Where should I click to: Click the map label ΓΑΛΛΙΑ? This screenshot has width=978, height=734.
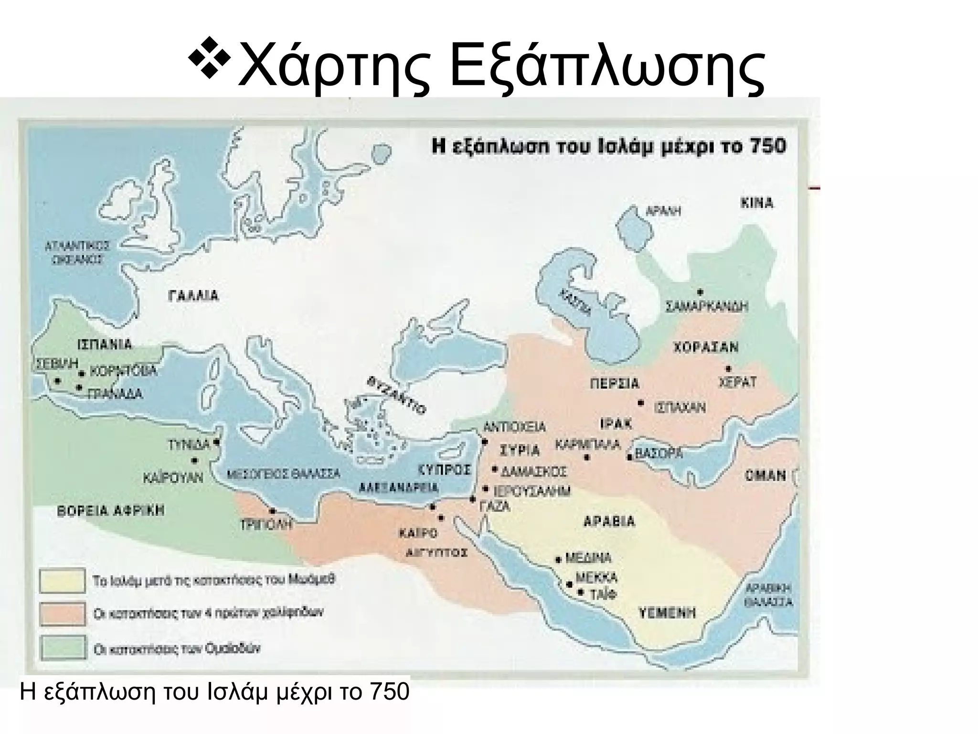(193, 296)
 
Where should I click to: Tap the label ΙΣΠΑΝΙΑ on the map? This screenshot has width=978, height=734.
(104, 345)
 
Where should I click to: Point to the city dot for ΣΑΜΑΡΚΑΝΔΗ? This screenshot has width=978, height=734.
(700, 291)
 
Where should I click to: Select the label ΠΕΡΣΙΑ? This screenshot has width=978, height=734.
(615, 384)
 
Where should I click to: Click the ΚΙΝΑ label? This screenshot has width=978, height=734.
(757, 203)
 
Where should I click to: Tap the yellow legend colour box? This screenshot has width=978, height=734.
(63, 580)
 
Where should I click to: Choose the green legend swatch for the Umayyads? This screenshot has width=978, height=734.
(63, 648)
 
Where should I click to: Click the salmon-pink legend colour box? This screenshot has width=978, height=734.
(63, 614)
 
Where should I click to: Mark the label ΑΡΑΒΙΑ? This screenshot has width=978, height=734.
(609, 521)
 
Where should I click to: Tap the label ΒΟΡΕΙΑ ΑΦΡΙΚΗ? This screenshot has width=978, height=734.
(110, 510)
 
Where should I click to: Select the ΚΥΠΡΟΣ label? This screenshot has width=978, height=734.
(444, 470)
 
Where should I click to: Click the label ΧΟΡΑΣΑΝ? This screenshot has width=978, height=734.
(706, 347)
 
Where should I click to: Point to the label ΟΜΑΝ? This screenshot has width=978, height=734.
(765, 475)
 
